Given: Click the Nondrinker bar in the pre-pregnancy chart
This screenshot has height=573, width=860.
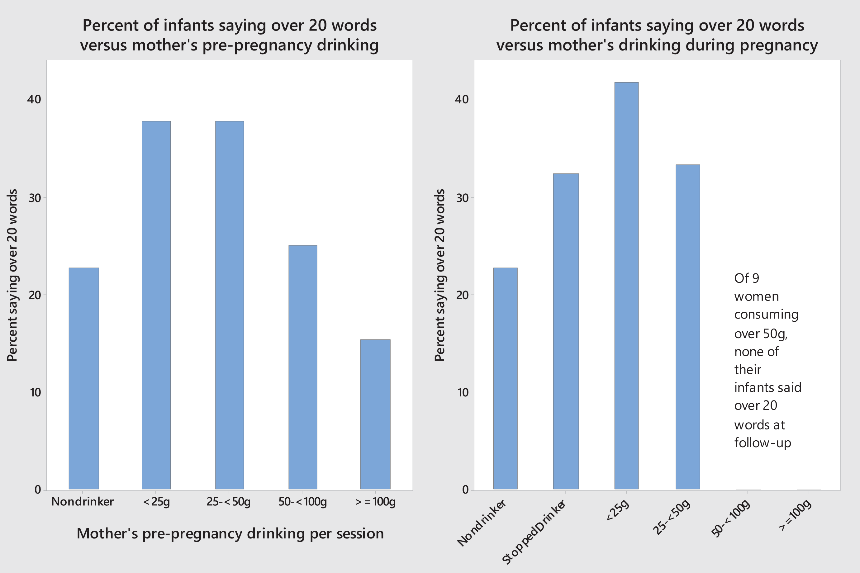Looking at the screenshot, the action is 84,378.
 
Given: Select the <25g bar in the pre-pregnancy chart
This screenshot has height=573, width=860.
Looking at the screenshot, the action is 156,305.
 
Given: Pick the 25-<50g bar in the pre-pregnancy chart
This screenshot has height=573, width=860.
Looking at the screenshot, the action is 230,305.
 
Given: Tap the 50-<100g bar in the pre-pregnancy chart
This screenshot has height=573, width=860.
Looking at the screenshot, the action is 303,367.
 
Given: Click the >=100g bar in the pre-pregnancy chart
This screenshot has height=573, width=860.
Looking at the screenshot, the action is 375,414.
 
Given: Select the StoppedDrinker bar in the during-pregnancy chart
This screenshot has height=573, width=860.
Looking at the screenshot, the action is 566,331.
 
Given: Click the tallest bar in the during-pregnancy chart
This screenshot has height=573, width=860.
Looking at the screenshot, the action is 626,286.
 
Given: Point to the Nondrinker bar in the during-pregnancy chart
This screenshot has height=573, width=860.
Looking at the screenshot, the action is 506,378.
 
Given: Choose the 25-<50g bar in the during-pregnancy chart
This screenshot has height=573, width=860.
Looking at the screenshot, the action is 688,327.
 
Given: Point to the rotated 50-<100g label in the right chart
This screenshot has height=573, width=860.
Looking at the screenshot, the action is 731,519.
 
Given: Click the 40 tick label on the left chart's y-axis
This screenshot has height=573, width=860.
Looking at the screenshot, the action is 34,99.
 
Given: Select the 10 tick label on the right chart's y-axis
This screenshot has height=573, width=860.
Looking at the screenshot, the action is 462,392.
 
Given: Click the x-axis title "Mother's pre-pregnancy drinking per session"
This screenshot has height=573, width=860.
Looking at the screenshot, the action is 230,533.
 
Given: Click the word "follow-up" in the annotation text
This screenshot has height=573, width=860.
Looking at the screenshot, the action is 763,443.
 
